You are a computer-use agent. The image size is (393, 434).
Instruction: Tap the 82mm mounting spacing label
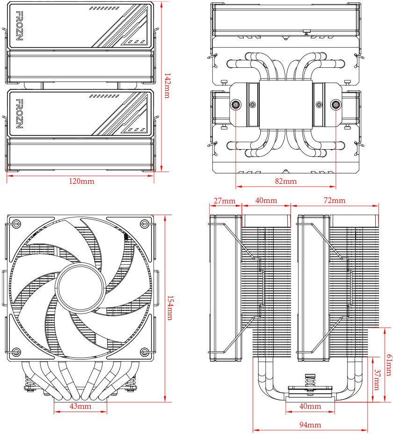pos(286,181)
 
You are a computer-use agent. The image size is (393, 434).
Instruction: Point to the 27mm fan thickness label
pos(224,201)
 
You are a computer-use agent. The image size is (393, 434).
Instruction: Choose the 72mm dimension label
pos(335,201)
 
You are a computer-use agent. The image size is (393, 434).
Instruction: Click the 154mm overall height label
pos(169,308)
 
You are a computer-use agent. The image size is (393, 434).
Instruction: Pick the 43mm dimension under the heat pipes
pos(80,406)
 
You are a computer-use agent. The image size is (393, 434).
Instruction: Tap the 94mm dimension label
pos(311,425)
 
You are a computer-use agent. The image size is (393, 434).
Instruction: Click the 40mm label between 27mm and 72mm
pos(266,201)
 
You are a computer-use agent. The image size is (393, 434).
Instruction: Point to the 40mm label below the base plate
pos(310,406)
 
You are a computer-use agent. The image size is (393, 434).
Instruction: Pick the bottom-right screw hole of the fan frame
pos(145,352)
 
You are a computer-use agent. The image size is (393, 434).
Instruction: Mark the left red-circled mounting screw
pos(236,105)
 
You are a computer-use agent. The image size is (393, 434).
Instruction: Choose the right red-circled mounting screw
pos(335,105)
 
